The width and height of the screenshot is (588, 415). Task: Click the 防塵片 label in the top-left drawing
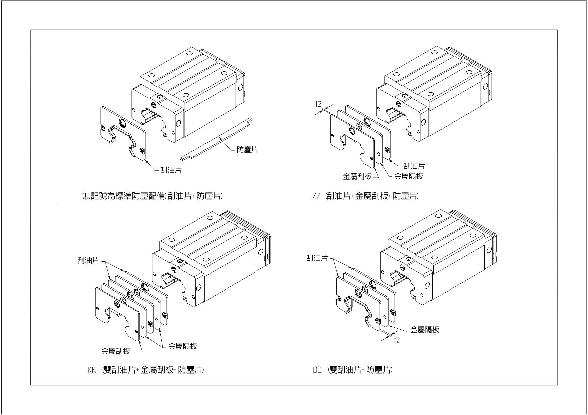(x=247, y=150)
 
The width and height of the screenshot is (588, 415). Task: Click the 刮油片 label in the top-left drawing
(x=171, y=170)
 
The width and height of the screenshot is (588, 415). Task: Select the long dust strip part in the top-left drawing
(x=216, y=138)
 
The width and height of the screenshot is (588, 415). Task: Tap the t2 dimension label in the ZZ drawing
(x=318, y=104)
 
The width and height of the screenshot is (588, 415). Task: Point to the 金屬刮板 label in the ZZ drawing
(x=357, y=177)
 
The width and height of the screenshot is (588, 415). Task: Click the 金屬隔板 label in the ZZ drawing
(x=409, y=176)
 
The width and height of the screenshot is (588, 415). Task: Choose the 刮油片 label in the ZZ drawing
(x=414, y=166)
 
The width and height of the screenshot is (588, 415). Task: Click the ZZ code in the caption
(x=316, y=196)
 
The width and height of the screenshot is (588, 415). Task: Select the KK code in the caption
(x=92, y=370)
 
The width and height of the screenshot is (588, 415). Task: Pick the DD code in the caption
(x=317, y=370)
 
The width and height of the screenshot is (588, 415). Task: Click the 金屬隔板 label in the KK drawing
(x=183, y=346)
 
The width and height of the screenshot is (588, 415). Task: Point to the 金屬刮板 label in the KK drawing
(x=116, y=351)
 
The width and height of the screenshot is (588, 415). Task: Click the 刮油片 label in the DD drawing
(x=317, y=258)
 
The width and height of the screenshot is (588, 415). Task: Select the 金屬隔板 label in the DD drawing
(x=425, y=330)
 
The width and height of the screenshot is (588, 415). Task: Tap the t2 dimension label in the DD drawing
(x=397, y=340)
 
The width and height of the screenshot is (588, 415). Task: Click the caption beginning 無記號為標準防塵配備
(x=153, y=196)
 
